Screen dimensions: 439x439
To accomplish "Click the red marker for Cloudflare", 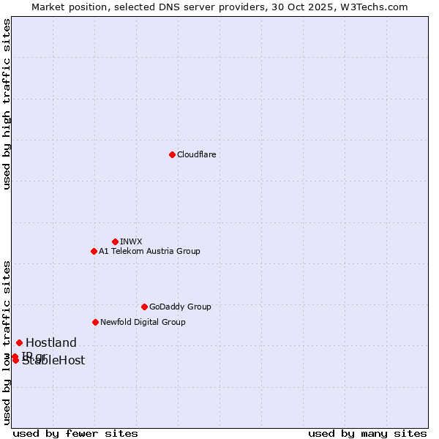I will [172, 154].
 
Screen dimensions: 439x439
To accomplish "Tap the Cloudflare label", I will [197, 154].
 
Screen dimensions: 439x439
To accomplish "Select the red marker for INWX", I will [115, 241].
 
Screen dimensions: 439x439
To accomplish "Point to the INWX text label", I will [131, 241].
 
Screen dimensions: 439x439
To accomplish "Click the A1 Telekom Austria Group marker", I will [94, 251].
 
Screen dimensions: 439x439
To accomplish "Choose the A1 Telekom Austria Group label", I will [149, 251].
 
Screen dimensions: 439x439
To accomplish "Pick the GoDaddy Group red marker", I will [144, 307].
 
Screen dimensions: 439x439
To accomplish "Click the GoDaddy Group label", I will [180, 307].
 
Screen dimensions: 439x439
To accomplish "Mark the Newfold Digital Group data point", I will [95, 322].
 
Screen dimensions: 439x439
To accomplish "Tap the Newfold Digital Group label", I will [143, 322].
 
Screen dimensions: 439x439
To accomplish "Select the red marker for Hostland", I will [19, 342].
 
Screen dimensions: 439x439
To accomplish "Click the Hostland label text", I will [51, 342].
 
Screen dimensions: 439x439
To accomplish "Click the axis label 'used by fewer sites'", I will [75, 433].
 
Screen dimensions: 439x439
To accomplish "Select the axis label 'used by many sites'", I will [367, 433].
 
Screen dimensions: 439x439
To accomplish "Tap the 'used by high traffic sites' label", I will [7, 105].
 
